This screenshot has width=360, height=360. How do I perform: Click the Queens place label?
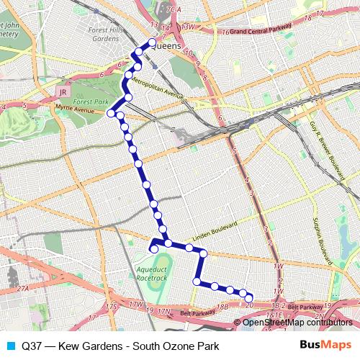(x=169, y=46)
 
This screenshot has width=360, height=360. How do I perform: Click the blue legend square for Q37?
(x=10, y=344)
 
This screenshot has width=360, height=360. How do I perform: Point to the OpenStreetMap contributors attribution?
(x=297, y=322)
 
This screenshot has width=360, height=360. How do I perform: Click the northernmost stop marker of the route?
(x=152, y=42)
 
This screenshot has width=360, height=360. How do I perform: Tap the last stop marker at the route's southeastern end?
(x=250, y=298)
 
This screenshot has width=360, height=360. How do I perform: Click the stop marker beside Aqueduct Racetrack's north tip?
(x=153, y=249)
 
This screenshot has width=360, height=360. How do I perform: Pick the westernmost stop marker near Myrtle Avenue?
(x=112, y=113)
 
